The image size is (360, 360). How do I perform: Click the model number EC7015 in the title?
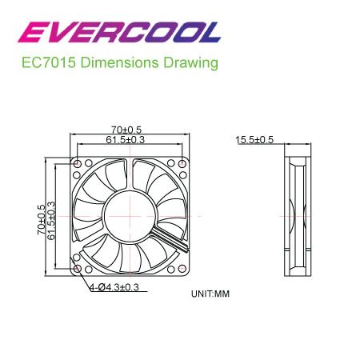49,63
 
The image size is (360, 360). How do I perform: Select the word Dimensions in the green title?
119,63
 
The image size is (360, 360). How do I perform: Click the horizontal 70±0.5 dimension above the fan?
126,130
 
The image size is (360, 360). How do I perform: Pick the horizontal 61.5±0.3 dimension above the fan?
126,139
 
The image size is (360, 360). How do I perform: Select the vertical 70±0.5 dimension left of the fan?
42,220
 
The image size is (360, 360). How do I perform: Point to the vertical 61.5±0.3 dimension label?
51,220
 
